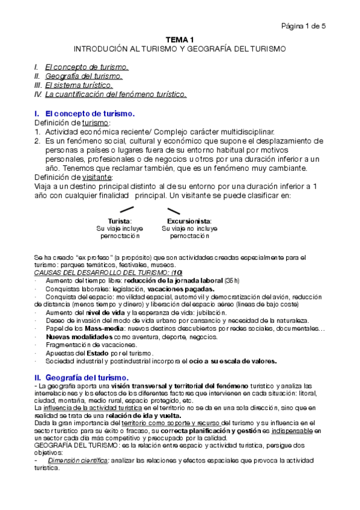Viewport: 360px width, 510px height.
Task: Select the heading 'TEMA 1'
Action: click(180, 38)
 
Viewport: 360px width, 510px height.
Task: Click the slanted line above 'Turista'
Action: click(126, 210)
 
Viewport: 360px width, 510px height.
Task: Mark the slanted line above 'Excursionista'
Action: click(174, 210)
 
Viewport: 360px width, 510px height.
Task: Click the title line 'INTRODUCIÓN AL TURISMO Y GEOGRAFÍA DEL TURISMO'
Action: click(180, 48)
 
